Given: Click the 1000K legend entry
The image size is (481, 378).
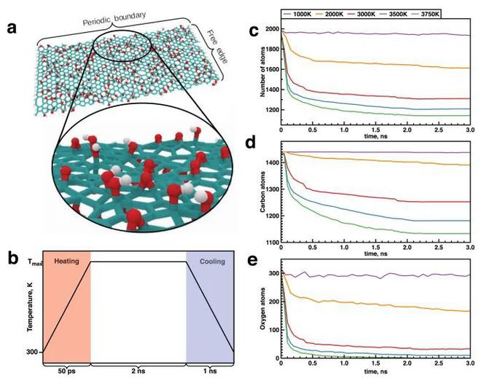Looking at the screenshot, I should (x=304, y=14).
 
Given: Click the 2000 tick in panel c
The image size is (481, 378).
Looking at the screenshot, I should (x=271, y=29).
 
